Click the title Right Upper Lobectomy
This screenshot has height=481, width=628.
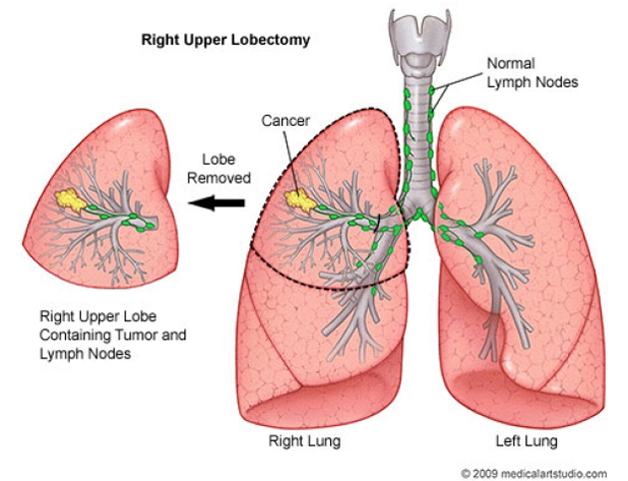226,41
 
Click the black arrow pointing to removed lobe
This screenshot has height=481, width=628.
216,203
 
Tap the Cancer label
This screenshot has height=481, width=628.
285,121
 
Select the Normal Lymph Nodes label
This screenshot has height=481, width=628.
532,73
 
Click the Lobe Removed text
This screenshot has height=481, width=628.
219,169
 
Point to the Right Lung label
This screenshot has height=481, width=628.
304,441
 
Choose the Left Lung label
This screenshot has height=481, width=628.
526,441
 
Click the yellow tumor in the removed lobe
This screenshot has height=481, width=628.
71,201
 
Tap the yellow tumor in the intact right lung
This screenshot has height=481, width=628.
300,202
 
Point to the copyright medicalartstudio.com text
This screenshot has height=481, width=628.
534,474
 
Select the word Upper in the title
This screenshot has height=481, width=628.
205,41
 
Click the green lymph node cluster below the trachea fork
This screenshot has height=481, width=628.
420,216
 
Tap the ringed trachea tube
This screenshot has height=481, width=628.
419,141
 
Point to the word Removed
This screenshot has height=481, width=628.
219,178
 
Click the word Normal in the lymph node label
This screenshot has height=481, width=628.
510,63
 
